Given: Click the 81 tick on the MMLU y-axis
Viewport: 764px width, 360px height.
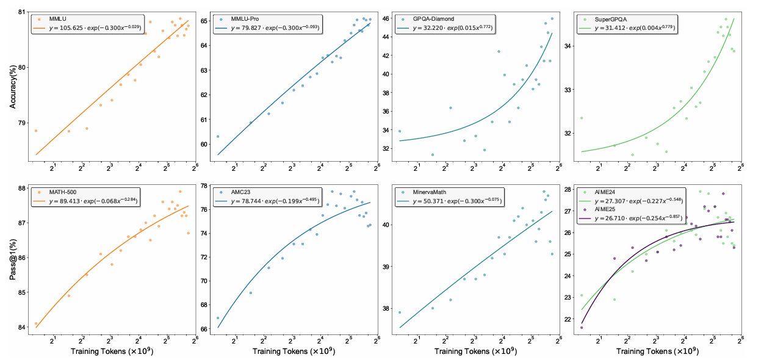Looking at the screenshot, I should pyautogui.click(x=23, y=12).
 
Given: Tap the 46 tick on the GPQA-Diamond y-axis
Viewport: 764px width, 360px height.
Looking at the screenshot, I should pyautogui.click(x=384, y=19).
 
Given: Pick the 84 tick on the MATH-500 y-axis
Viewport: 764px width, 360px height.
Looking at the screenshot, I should pyautogui.click(x=23, y=327).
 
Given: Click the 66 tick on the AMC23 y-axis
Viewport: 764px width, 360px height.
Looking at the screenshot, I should pyautogui.click(x=202, y=329).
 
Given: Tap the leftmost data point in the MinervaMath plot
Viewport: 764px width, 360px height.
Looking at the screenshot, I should pyautogui.click(x=400, y=312).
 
